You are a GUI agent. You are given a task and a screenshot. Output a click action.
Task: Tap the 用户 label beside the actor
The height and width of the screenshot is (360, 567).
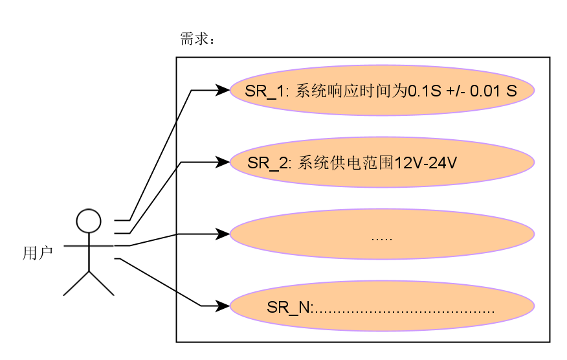[38, 253]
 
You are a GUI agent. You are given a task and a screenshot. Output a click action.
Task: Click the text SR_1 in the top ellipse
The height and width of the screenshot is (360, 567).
[265, 91]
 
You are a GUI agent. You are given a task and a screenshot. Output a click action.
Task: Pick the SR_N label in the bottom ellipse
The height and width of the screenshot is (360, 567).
[288, 308]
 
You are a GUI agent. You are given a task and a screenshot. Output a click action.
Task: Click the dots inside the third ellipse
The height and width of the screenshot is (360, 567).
[382, 239]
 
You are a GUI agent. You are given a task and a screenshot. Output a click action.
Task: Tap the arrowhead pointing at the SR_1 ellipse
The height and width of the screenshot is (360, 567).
[222, 90]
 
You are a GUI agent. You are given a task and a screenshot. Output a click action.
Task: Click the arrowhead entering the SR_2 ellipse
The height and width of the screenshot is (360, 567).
[222, 162]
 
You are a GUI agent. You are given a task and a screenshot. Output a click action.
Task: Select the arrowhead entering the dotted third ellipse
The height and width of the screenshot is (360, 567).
[222, 234]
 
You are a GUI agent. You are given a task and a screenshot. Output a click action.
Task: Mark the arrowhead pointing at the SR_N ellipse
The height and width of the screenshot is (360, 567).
[222, 306]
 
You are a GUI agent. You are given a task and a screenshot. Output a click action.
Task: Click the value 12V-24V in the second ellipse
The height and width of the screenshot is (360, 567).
[425, 163]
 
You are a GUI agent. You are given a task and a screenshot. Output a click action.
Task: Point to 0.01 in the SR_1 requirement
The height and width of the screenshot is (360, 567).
[485, 91]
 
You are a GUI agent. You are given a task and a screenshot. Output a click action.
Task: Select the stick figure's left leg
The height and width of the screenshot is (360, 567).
[76, 284]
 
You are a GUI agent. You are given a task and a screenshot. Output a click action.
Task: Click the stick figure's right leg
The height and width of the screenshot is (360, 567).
[102, 284]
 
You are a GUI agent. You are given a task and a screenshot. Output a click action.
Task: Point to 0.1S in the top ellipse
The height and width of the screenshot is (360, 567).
[425, 91]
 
